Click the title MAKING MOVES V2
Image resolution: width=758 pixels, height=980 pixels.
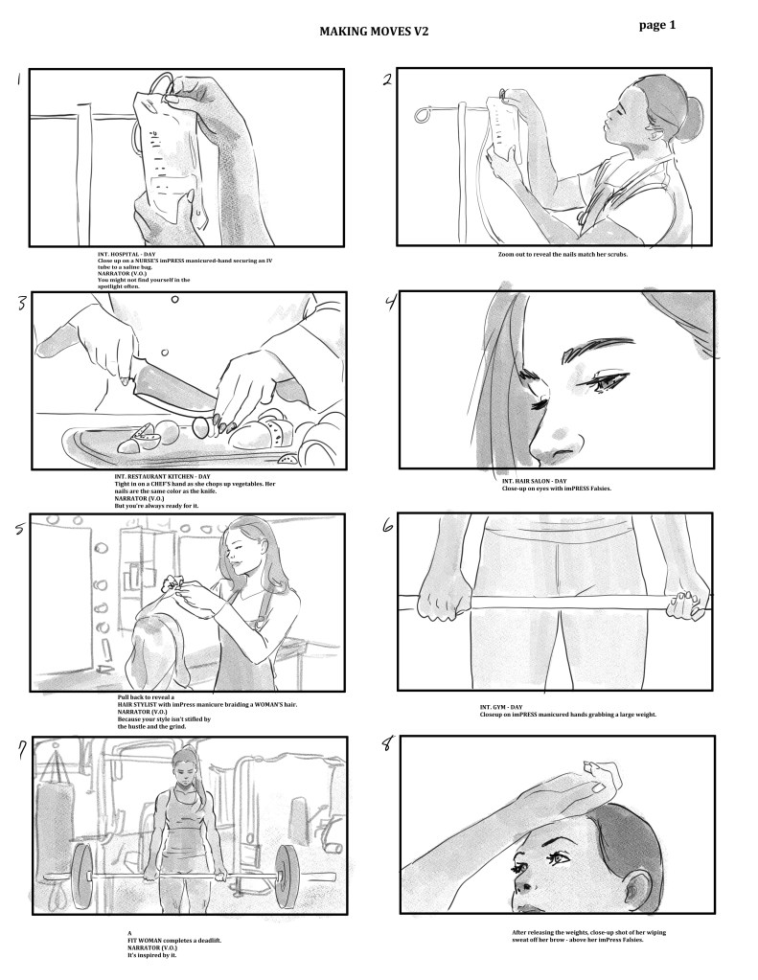[374, 32]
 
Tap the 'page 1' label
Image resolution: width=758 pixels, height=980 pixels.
[657, 25]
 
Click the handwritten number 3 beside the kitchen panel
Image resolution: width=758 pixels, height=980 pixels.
[22, 303]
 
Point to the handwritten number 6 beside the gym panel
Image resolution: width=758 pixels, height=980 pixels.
[388, 526]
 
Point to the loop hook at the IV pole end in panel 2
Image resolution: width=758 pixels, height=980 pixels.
[424, 115]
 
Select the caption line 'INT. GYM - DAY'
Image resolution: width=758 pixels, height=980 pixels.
[501, 707]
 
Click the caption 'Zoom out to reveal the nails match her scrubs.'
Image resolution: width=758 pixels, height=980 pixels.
[563, 255]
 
